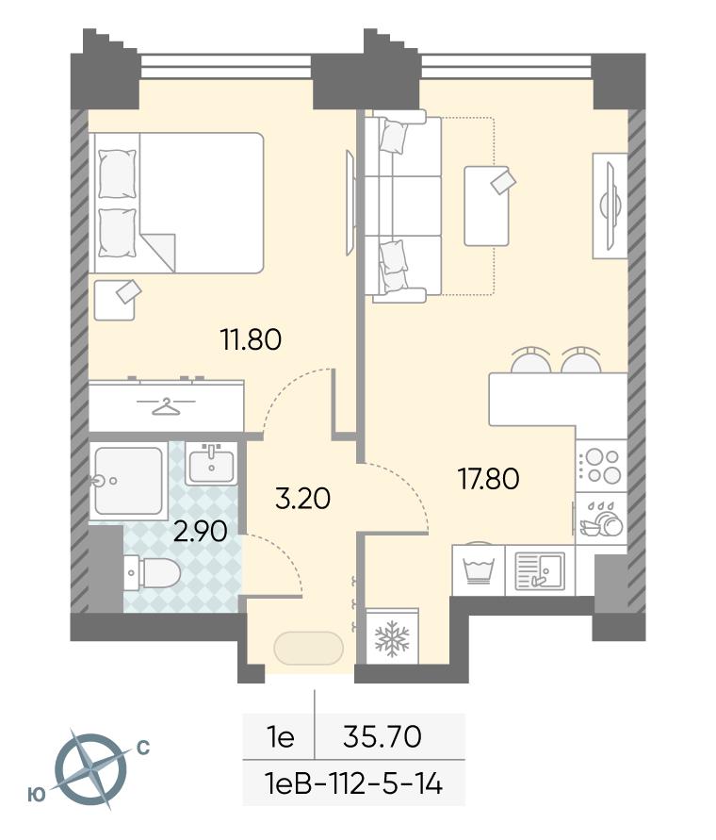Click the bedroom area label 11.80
(252, 339)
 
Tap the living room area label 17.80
(488, 478)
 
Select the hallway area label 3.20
(302, 498)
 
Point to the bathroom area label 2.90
(200, 532)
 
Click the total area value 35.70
(382, 736)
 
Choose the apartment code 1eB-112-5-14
(353, 784)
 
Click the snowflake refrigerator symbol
(392, 638)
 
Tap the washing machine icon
(479, 570)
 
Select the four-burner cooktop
(601, 466)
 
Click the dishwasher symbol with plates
(601, 519)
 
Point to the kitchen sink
(539, 571)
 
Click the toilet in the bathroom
(151, 572)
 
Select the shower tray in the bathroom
(128, 481)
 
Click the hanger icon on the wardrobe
(166, 406)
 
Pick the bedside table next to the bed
(115, 301)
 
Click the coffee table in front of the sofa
(486, 206)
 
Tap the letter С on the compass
(143, 748)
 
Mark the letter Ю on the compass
(37, 795)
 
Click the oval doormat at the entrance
(308, 649)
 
